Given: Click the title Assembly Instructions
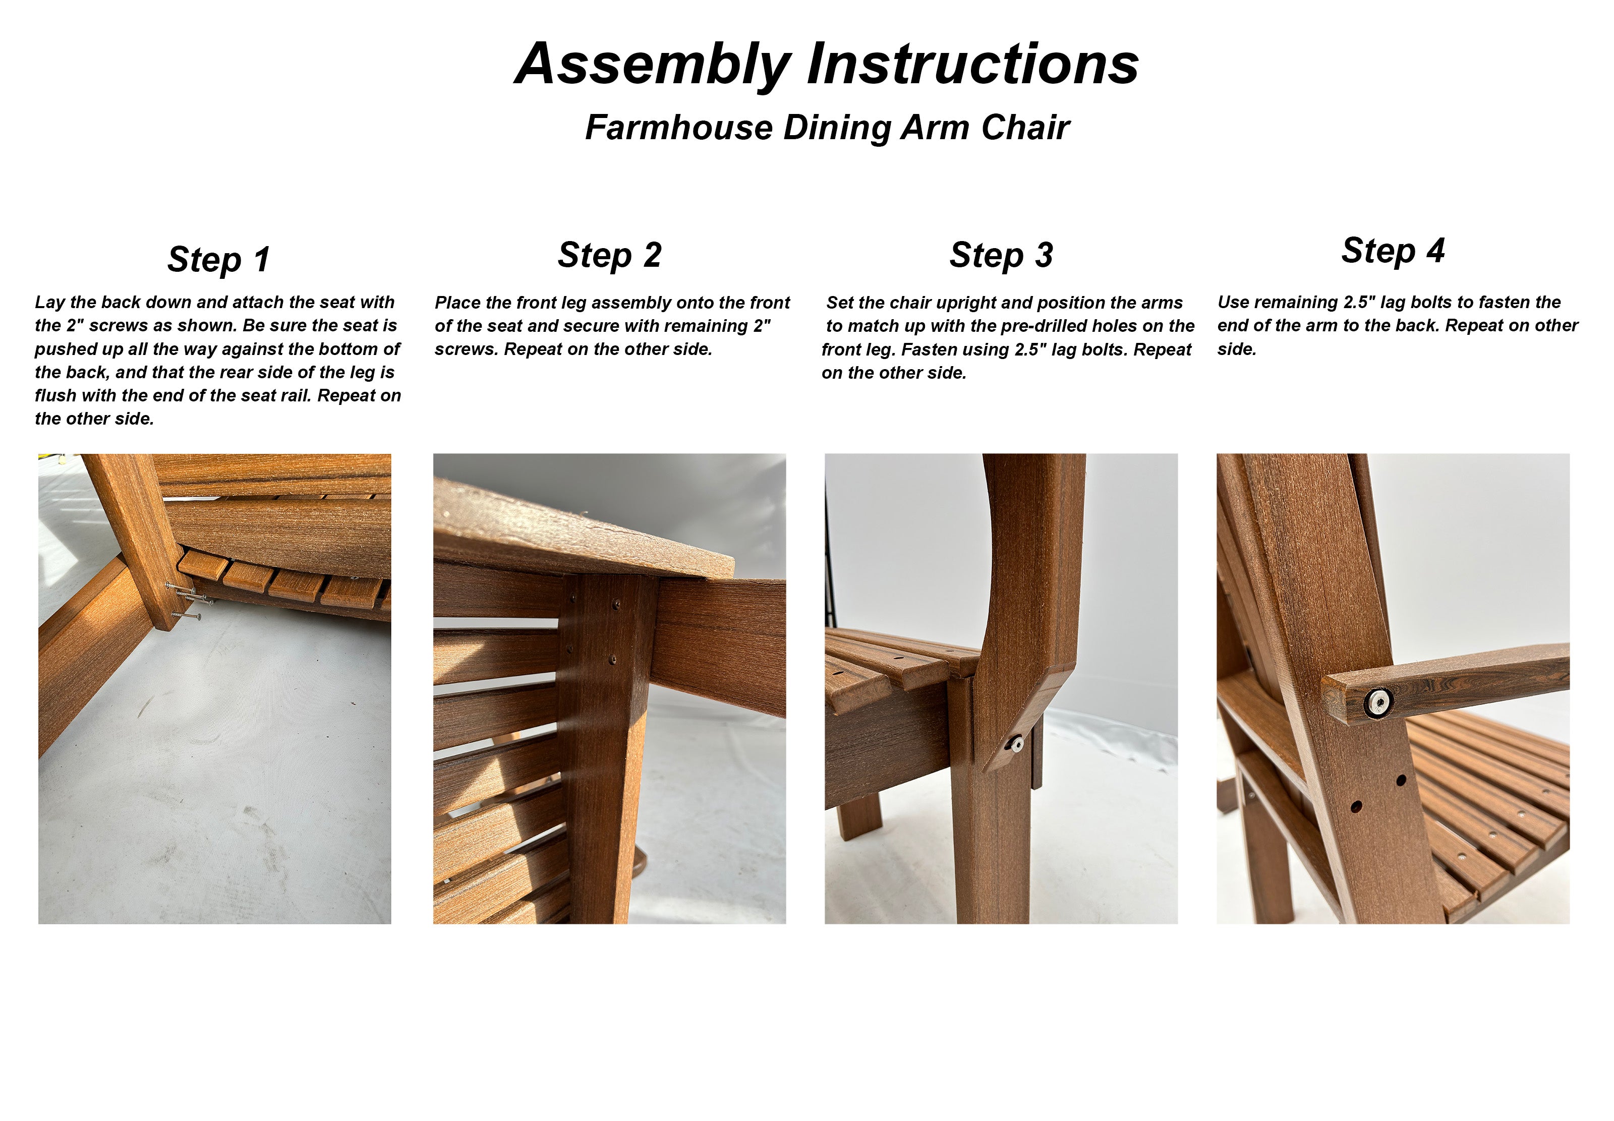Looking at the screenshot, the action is click(827, 64).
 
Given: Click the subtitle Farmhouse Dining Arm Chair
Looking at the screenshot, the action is click(827, 128).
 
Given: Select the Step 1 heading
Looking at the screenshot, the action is click(218, 260).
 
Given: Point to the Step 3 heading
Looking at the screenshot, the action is click(1001, 255).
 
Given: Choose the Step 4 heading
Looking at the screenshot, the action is click(1393, 251).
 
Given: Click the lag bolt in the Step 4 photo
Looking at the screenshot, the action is click(1379, 701).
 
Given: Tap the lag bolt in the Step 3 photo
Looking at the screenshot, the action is click(1016, 742).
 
